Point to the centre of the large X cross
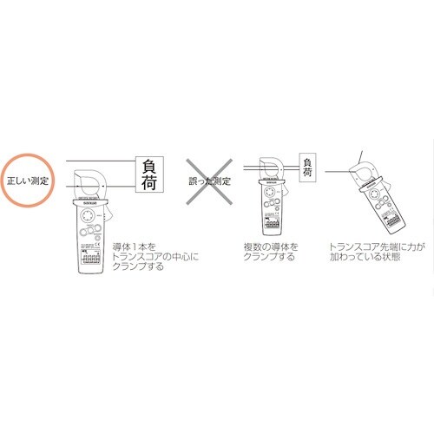pos(214,182)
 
